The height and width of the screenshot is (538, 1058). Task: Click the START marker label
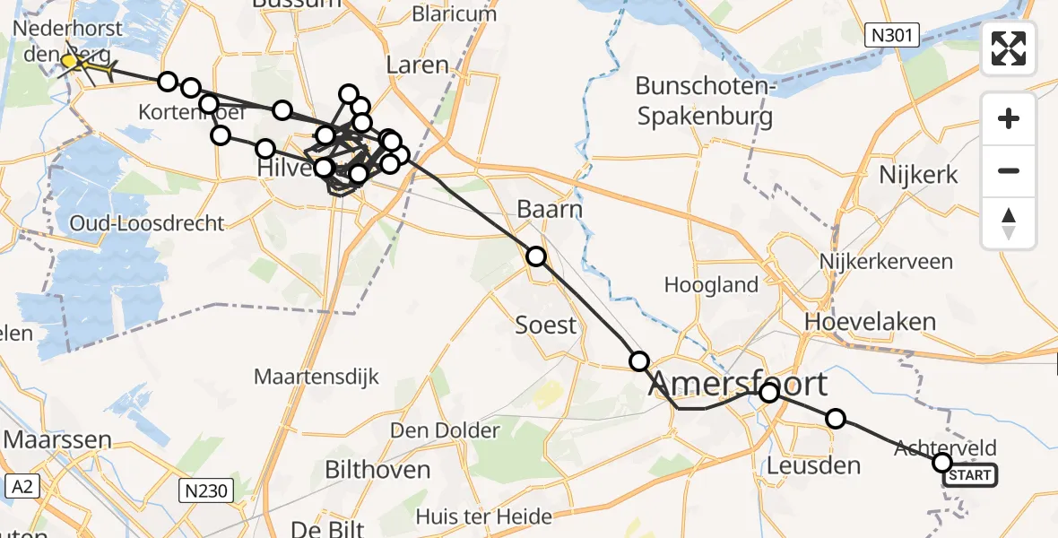tap(969, 475)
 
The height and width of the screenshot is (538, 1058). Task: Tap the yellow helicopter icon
tap(80, 64)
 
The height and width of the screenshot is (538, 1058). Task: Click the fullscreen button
tap(1009, 48)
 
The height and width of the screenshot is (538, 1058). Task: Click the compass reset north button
tap(1009, 223)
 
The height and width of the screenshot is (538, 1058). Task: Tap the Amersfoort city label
tap(737, 384)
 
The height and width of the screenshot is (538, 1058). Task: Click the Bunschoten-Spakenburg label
tap(704, 101)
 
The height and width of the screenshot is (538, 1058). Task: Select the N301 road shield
tap(893, 36)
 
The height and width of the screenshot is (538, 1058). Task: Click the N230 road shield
tap(206, 490)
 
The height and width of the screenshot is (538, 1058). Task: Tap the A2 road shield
tap(22, 487)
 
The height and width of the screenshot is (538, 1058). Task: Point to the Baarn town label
tap(550, 209)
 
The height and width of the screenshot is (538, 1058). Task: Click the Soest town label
tap(545, 324)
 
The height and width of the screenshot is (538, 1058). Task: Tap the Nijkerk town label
tap(918, 174)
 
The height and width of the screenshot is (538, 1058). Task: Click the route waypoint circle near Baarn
tap(535, 257)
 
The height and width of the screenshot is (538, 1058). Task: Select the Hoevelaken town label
tap(870, 321)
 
